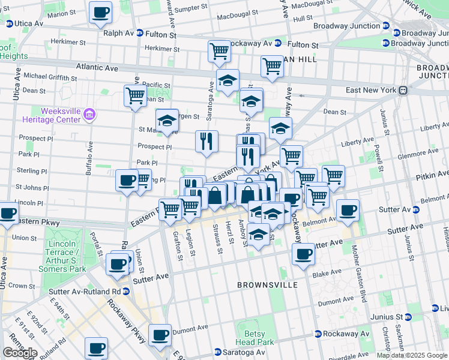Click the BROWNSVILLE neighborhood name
(x=267, y=285)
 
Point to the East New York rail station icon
(x=404, y=90)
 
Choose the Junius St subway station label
(x=382, y=317)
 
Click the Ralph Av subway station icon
(x=140, y=34)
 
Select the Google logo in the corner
(x=20, y=353)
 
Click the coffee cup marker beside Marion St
(x=100, y=12)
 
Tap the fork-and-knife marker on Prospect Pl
(x=206, y=142)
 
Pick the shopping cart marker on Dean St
(x=135, y=95)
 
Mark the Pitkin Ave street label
(x=431, y=178)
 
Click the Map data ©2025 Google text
(x=412, y=355)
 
